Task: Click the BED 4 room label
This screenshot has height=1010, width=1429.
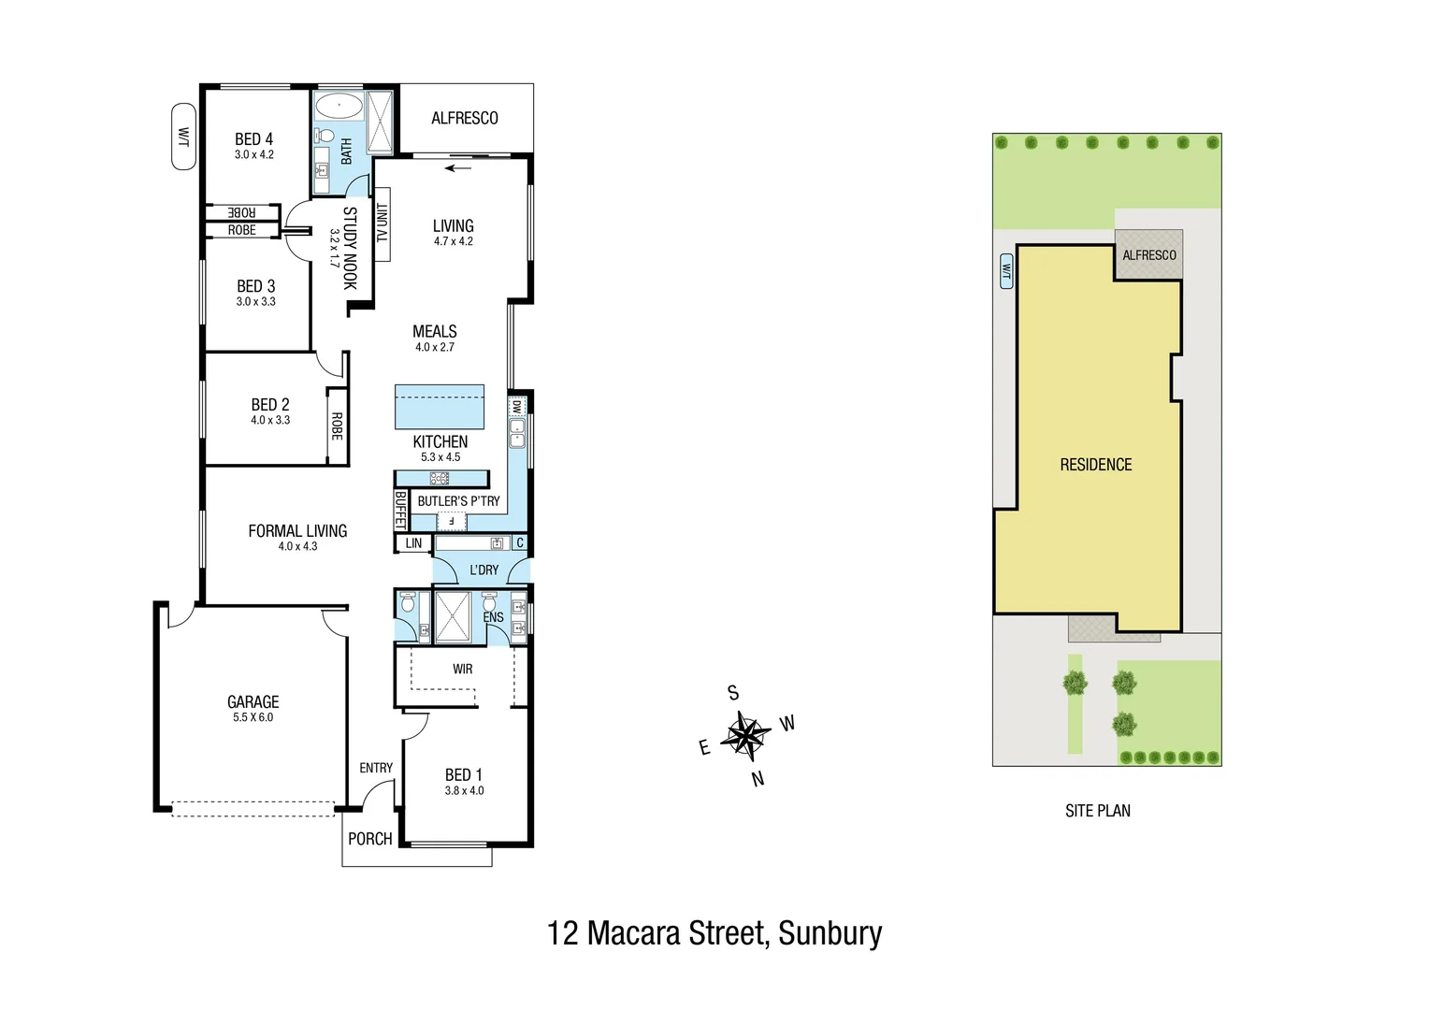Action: coord(253,139)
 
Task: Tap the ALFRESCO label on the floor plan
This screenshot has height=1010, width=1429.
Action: coord(464,118)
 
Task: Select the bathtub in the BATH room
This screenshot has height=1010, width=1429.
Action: coord(339,105)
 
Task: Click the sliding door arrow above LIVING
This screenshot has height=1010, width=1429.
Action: coord(458,168)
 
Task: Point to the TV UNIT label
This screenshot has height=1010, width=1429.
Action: coord(382,224)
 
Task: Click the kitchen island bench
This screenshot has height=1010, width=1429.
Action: coord(440,406)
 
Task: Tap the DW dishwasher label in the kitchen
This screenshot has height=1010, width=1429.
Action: coord(517,407)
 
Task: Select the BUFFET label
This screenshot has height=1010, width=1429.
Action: coord(400,510)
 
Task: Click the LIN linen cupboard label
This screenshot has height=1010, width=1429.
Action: coord(413,543)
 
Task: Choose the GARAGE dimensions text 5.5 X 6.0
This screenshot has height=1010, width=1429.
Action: coord(253,717)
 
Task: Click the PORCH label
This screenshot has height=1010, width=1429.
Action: coord(369,839)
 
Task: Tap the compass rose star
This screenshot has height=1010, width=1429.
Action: coord(746,734)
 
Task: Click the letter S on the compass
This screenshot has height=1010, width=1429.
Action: coord(733,693)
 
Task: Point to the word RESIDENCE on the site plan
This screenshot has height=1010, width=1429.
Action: coord(1095,465)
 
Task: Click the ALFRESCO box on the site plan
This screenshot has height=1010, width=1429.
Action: coord(1149,255)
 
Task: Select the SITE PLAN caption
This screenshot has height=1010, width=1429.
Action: coord(1097,811)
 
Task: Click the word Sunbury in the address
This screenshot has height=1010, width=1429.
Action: coord(830,933)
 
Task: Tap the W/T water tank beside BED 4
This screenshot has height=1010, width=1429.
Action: coord(183,137)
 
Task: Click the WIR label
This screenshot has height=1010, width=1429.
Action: coord(462,669)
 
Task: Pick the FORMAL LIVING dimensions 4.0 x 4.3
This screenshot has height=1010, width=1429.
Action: coord(297,546)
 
